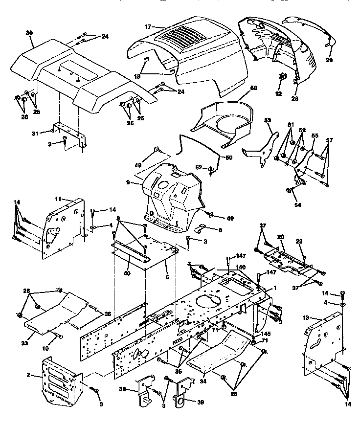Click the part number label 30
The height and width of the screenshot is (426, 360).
pyautogui.click(x=29, y=32)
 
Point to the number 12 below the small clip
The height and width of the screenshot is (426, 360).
pyautogui.click(x=278, y=93)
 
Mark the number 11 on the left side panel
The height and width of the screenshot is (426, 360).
pyautogui.click(x=57, y=199)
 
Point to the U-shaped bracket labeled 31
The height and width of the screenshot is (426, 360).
pyautogui.click(x=67, y=132)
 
